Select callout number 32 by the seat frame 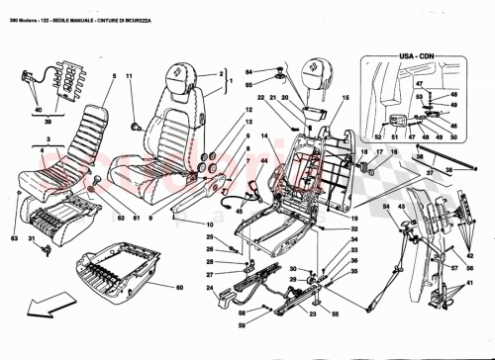click(353, 229)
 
